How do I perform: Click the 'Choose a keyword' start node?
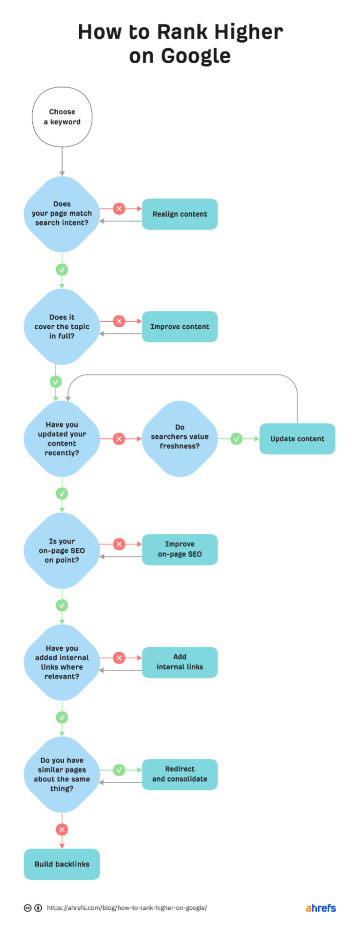[62, 117]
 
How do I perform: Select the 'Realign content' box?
[180, 214]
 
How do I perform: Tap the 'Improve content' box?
[180, 327]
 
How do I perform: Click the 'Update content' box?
[297, 439]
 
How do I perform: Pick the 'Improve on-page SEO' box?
[180, 549]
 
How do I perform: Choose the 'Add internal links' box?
[180, 662]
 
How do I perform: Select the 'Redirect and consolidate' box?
[180, 774]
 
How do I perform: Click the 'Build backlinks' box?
[62, 864]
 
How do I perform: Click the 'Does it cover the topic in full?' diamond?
[62, 327]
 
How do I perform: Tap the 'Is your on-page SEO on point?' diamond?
[62, 551]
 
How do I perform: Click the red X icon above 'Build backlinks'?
[62, 830]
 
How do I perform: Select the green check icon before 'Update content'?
[237, 439]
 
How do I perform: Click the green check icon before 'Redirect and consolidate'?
[119, 770]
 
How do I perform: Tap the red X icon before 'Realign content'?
[119, 209]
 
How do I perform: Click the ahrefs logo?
[321, 908]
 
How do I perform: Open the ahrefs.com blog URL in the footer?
[127, 908]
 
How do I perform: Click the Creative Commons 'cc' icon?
[28, 908]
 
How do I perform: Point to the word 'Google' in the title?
[195, 56]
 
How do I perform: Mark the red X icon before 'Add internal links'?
[119, 657]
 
